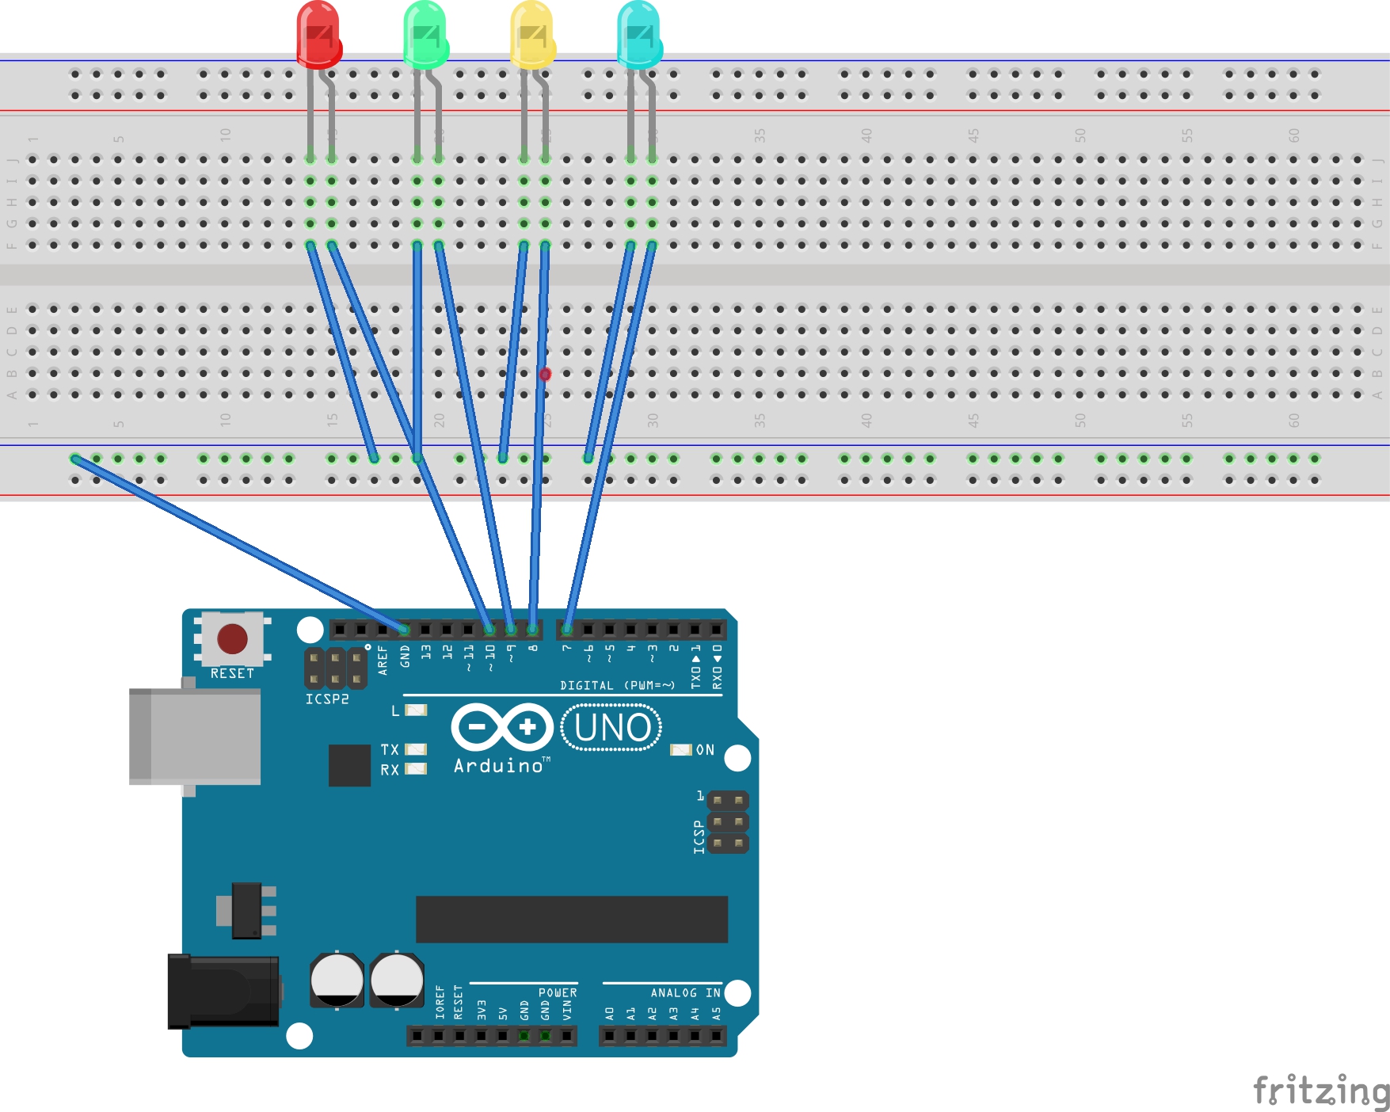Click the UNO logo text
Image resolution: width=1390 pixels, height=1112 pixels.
coord(611,728)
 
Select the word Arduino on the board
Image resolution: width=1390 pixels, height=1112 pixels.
coord(498,766)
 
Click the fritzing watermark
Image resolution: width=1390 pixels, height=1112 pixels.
coord(1320,1091)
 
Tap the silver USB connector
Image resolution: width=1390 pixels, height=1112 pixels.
coord(195,737)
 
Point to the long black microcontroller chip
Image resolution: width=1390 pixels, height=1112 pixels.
coord(571,920)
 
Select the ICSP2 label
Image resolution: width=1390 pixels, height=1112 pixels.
coord(327,699)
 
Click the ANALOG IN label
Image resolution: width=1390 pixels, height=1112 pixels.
coord(685,993)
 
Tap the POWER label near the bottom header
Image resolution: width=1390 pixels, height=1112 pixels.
coord(558,993)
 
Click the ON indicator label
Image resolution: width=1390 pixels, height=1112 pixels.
coord(705,750)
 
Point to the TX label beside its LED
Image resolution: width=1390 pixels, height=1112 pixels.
coord(390,749)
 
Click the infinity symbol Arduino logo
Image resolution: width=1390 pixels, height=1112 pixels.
coord(502,727)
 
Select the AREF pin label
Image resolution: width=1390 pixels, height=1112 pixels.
coord(383,660)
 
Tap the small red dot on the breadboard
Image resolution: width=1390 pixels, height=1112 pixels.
coord(545,374)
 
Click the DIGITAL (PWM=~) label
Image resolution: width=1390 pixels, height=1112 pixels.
coord(617,686)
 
